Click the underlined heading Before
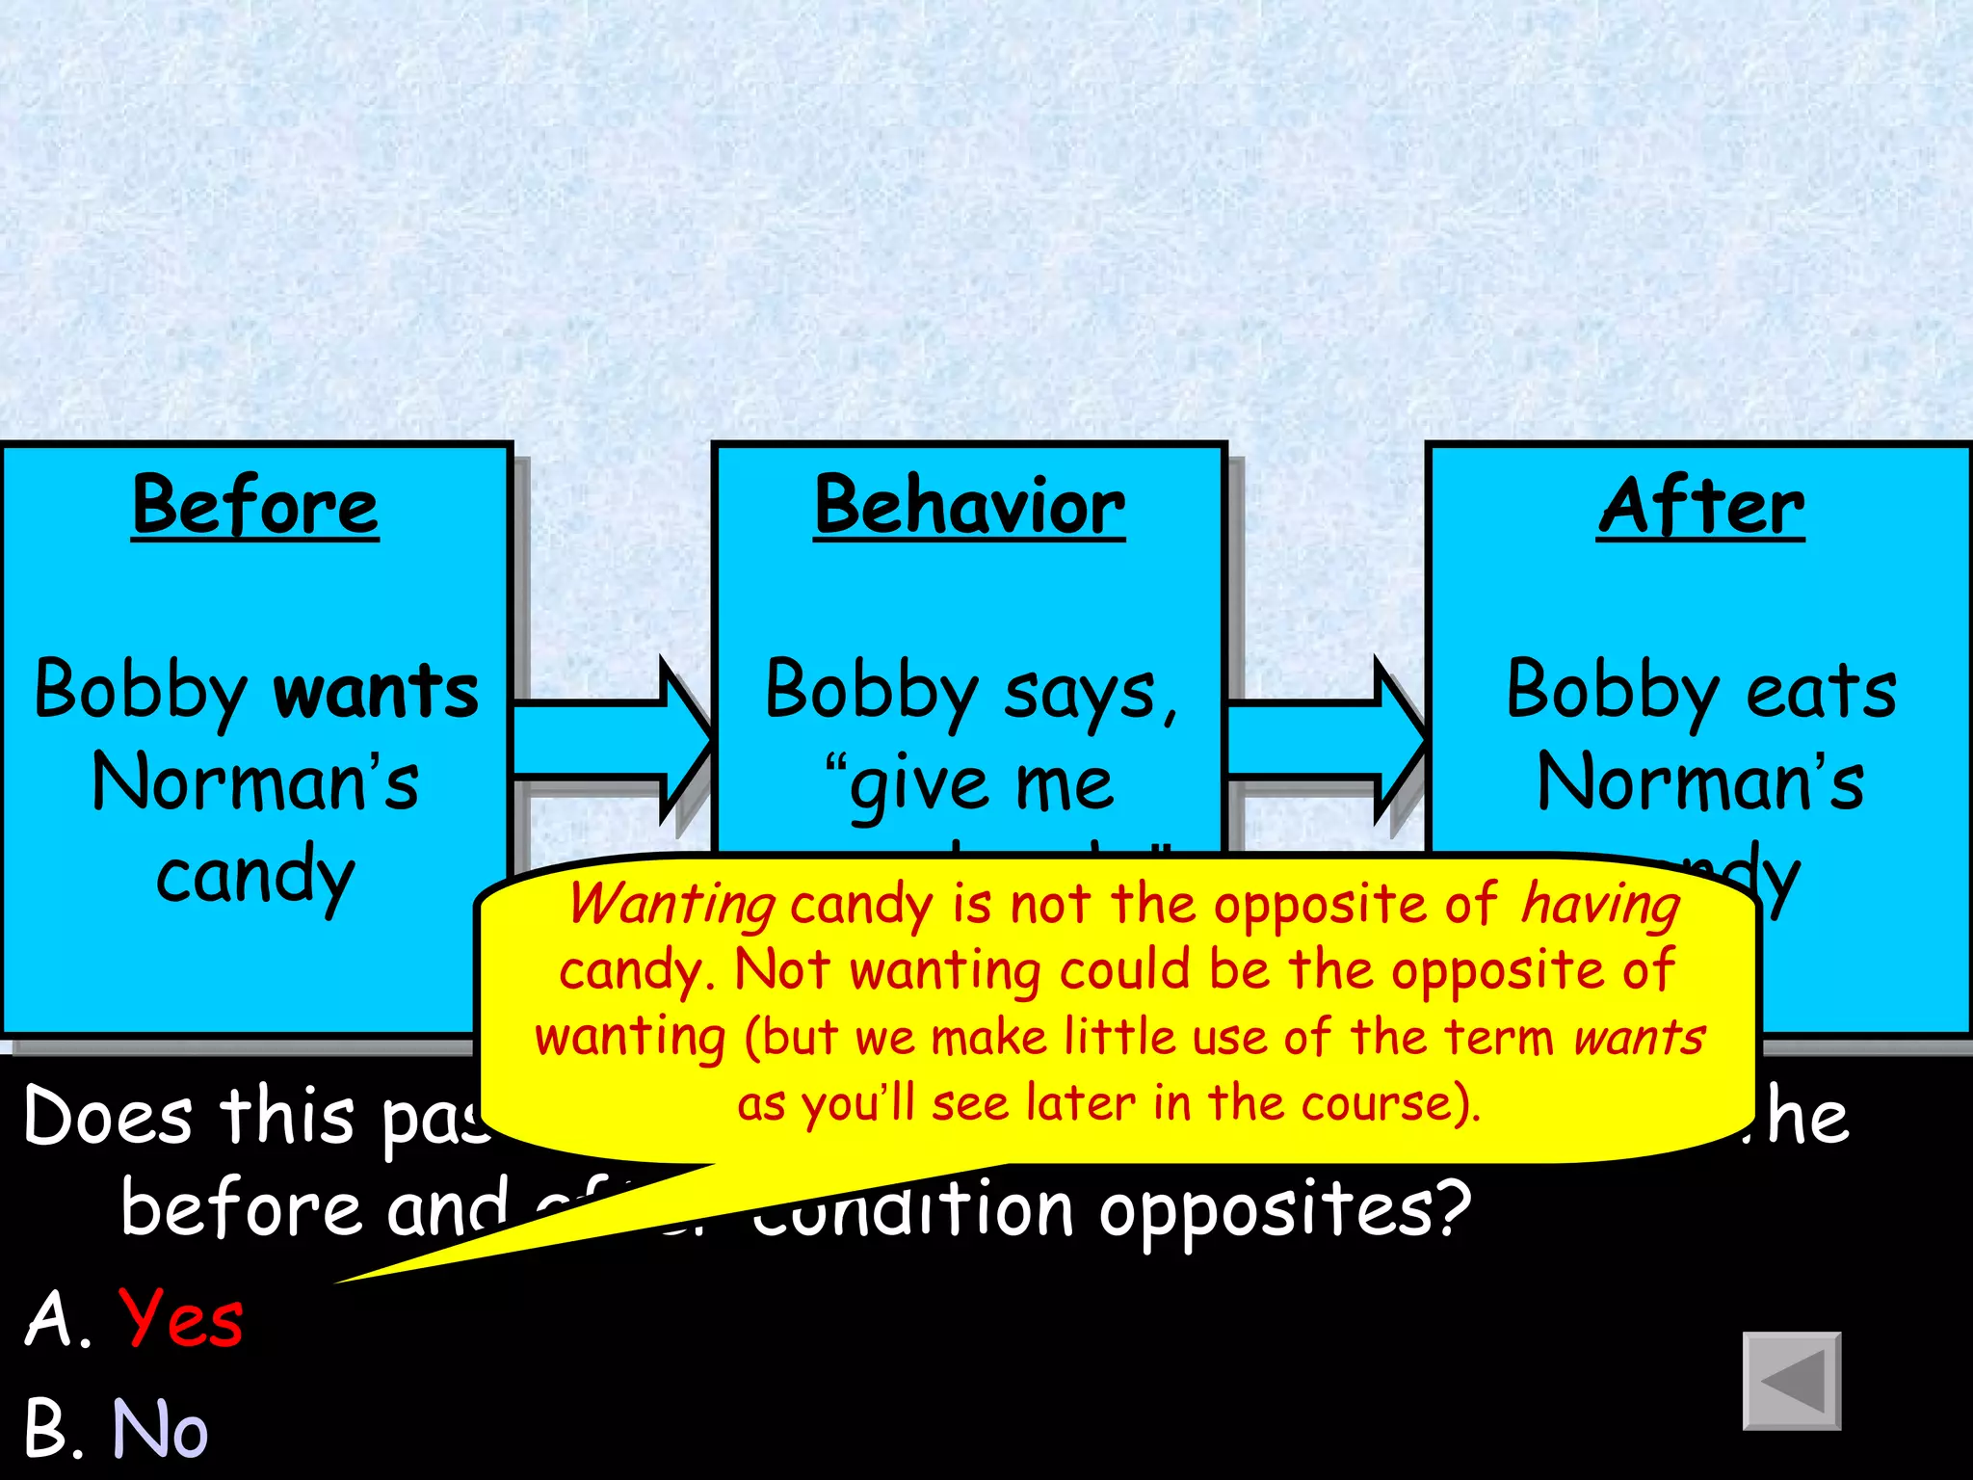(x=255, y=506)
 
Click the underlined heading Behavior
(x=969, y=506)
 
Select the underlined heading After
(x=1701, y=506)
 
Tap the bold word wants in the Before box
(x=376, y=691)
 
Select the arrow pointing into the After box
(x=1326, y=740)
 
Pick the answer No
(x=160, y=1428)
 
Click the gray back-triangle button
(x=1791, y=1381)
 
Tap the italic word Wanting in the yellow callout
(x=672, y=906)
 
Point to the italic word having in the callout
(x=1600, y=906)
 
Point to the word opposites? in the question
(x=1285, y=1210)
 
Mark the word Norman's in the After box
(x=1701, y=782)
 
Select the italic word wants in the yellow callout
(x=1639, y=1038)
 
